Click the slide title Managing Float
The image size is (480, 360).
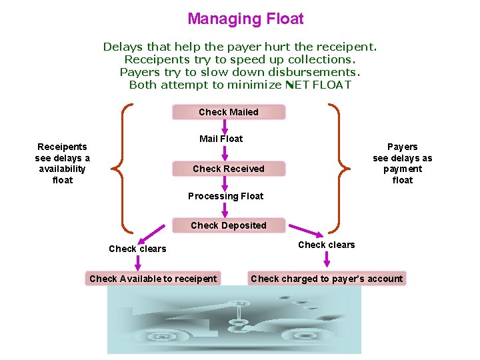(x=245, y=19)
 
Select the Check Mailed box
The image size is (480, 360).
(x=229, y=112)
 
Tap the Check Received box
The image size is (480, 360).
(x=229, y=169)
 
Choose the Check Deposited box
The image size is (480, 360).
(x=229, y=225)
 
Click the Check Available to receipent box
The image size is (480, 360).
(x=153, y=279)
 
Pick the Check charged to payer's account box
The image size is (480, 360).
(x=327, y=279)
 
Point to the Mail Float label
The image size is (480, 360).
(x=221, y=139)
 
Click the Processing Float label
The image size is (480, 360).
(x=225, y=196)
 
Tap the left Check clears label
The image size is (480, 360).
(x=137, y=249)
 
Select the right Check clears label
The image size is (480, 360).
(x=327, y=245)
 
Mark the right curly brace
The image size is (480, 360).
(x=339, y=169)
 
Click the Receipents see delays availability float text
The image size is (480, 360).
(x=63, y=163)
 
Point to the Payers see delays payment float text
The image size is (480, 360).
(x=403, y=163)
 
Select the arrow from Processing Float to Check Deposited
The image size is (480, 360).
(x=225, y=211)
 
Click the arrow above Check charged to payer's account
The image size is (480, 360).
(x=327, y=260)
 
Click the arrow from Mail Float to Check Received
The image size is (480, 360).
(x=225, y=153)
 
